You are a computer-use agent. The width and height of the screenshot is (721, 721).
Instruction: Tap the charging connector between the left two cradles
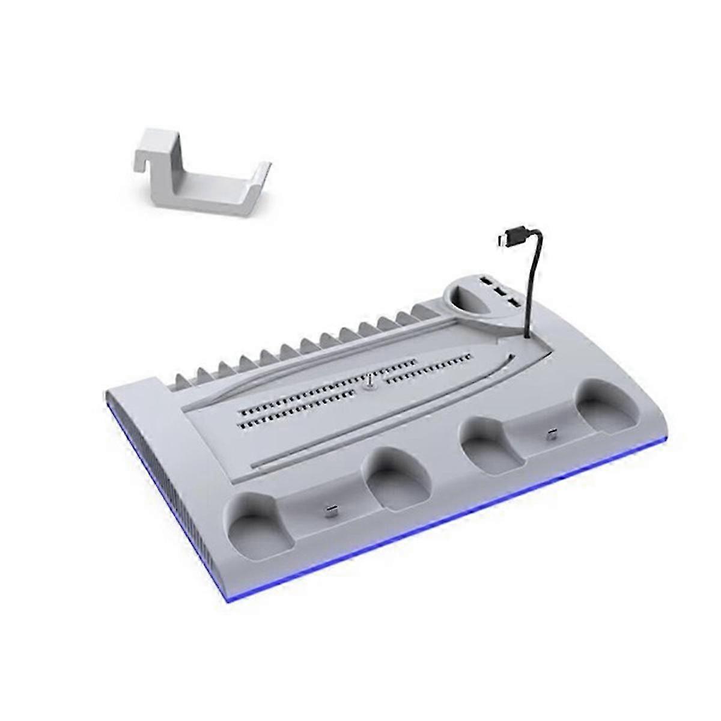pyautogui.click(x=330, y=511)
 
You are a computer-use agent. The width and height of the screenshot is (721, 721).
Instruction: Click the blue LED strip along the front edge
pyautogui.click(x=421, y=529)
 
